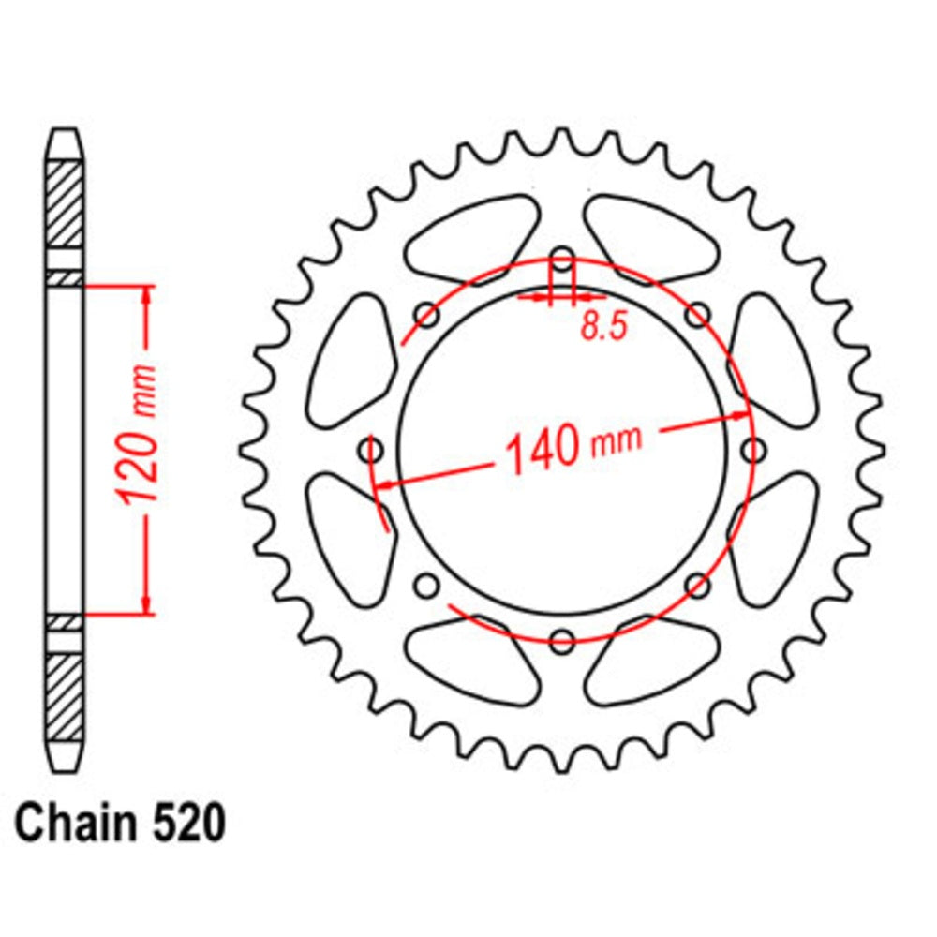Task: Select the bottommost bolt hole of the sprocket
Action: point(562,642)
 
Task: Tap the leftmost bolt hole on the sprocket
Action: point(373,452)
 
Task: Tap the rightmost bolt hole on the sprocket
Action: point(752,452)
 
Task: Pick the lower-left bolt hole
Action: point(427,587)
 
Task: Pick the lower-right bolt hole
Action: point(697,587)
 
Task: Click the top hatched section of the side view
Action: point(65,203)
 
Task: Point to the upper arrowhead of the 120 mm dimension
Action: point(146,293)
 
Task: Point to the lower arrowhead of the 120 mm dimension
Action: point(146,607)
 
